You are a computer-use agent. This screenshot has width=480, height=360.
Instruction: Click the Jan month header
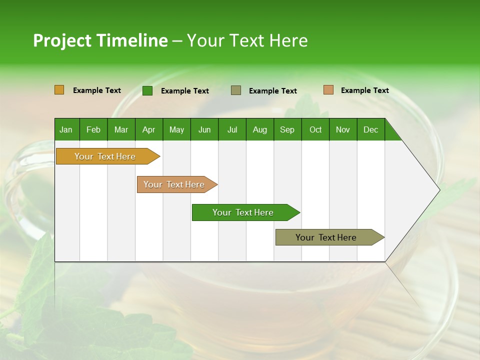coord(66,129)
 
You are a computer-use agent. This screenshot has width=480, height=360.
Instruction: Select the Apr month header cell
coord(149,129)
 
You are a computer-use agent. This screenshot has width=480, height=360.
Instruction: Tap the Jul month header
coord(232,129)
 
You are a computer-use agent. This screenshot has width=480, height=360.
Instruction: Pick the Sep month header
coord(287,129)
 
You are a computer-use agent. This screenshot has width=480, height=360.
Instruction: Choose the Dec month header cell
coord(370,129)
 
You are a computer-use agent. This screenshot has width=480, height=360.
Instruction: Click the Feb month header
coord(93,129)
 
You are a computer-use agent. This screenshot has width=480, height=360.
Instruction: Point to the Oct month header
coord(315,129)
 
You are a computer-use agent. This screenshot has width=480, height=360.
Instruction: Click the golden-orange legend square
coord(59,90)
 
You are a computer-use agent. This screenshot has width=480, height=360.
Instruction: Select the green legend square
coord(147,90)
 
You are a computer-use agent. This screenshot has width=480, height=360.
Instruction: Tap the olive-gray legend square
coord(236,90)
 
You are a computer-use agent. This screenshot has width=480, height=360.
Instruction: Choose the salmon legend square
coord(328,90)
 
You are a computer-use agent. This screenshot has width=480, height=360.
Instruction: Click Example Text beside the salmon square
coord(364,90)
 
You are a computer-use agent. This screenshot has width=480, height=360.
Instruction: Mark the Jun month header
coord(204,129)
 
